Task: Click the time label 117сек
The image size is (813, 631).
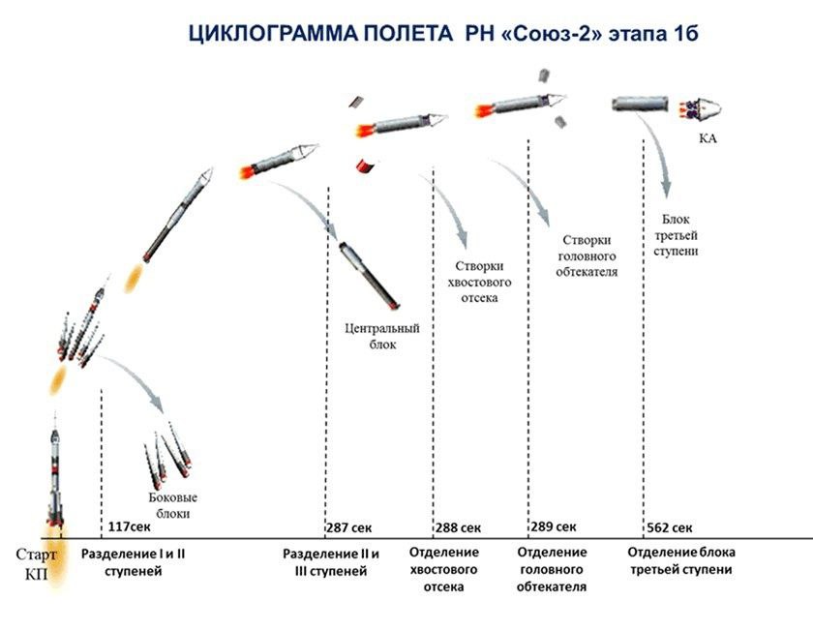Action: point(129,526)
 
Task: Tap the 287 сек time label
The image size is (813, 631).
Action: point(349,527)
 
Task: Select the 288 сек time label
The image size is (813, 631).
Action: point(458,527)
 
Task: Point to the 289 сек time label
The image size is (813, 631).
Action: point(554,526)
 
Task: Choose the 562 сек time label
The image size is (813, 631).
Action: point(670,527)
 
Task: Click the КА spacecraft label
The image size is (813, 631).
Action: point(708,138)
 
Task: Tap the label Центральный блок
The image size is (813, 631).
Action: point(382,336)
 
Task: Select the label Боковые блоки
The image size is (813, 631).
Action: point(172,505)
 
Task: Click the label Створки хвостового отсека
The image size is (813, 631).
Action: point(479,282)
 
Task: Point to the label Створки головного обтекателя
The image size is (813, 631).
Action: point(587,255)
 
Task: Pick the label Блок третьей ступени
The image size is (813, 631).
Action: point(676,235)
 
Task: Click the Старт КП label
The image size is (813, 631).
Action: point(36,564)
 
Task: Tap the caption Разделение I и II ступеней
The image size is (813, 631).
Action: point(134,562)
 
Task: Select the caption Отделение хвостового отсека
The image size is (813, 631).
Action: point(444,569)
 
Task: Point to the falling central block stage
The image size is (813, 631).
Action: point(369,275)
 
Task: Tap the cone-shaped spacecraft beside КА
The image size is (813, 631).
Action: point(705,109)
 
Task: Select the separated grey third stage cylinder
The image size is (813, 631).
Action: point(640,104)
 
